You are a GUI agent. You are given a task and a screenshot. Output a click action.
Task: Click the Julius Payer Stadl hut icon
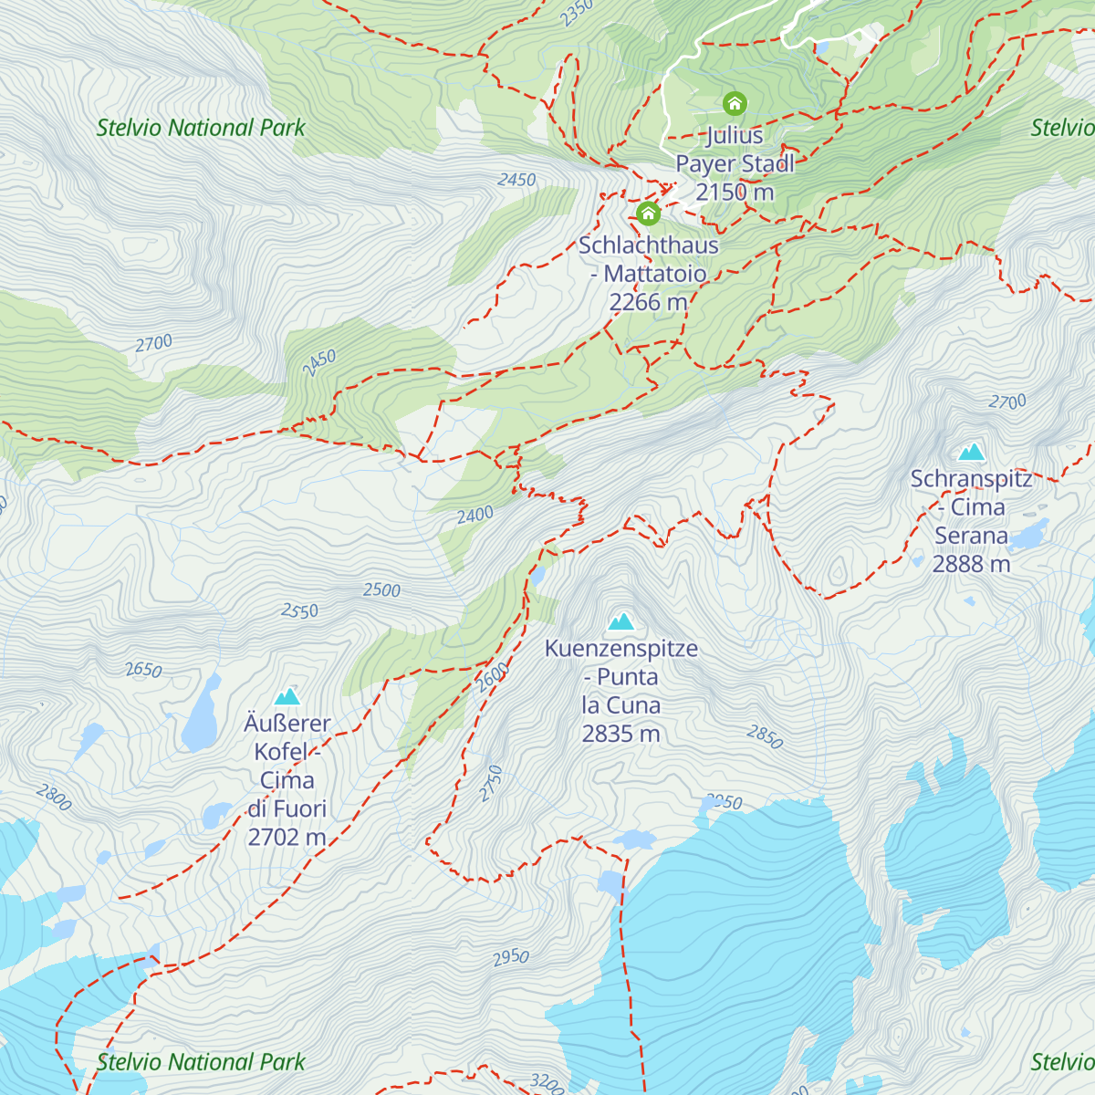735,102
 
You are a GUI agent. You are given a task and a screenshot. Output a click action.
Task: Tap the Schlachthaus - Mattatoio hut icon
648,214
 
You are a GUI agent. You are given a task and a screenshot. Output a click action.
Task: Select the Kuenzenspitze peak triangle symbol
621,622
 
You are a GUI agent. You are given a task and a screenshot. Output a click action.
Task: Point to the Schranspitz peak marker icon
971,452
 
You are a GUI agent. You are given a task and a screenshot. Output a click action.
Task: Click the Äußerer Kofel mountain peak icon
287,697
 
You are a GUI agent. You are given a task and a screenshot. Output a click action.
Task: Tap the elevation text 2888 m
971,564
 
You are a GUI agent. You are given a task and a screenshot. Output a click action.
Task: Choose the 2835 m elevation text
620,734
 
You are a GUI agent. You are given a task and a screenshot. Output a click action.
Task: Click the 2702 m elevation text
287,837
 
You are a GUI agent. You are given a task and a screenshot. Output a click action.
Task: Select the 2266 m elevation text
648,302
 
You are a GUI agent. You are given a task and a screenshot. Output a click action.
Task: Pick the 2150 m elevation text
735,192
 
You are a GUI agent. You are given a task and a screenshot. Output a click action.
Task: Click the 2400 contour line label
474,516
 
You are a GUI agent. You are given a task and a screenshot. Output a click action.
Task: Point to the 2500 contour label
381,590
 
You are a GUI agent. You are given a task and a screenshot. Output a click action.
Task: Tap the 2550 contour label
299,610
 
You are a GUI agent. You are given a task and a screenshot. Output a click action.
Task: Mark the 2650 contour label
143,670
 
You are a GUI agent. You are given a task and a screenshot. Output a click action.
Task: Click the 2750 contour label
491,783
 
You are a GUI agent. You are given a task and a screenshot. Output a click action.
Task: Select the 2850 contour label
765,736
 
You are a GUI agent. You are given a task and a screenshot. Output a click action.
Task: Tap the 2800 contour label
54,798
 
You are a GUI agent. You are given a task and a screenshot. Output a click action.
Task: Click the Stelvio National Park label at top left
201,128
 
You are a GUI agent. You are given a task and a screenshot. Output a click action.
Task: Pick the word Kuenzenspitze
621,649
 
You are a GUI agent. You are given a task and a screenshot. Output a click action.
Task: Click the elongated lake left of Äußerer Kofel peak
201,714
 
